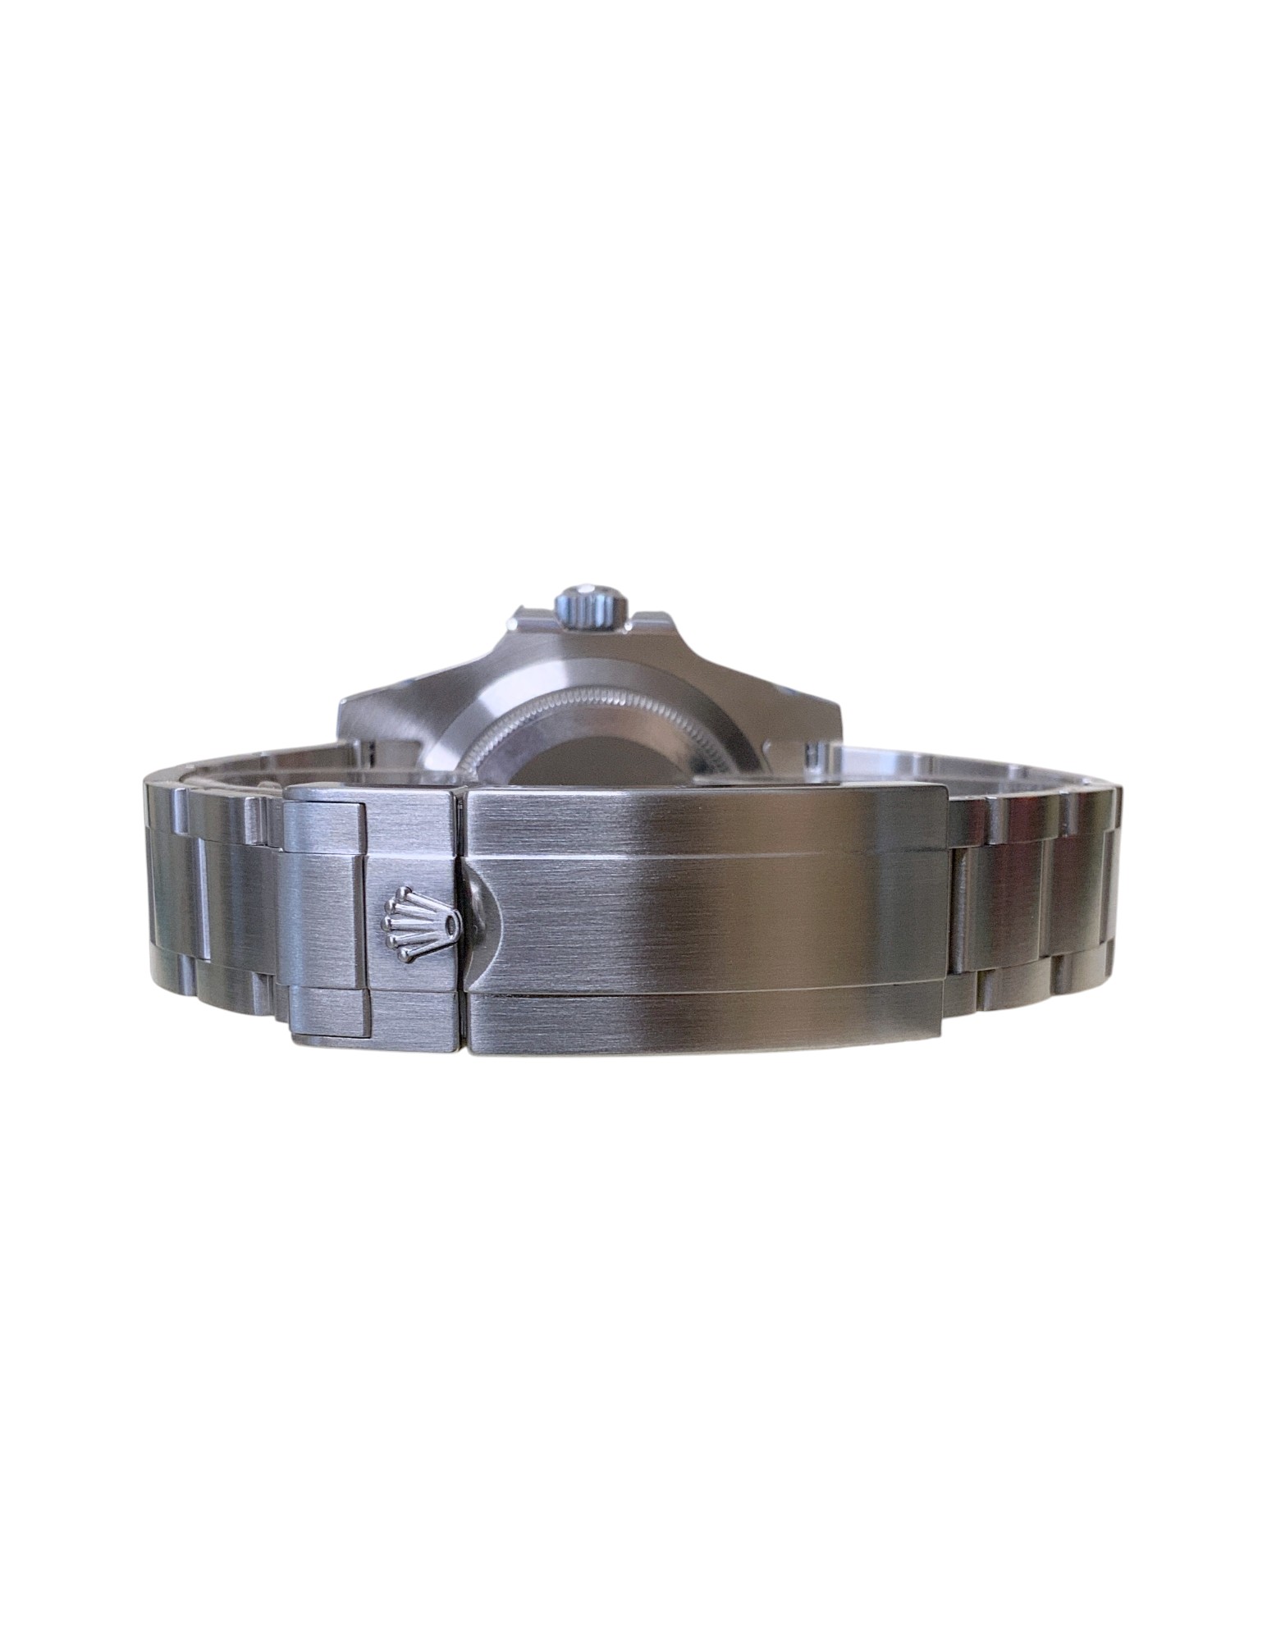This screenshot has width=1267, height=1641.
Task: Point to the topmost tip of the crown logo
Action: (404, 889)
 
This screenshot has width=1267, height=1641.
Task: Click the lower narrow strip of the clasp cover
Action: (706, 1017)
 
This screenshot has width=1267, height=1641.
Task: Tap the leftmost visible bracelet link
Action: (164, 894)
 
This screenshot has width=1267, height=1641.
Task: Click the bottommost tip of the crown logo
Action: (404, 957)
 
